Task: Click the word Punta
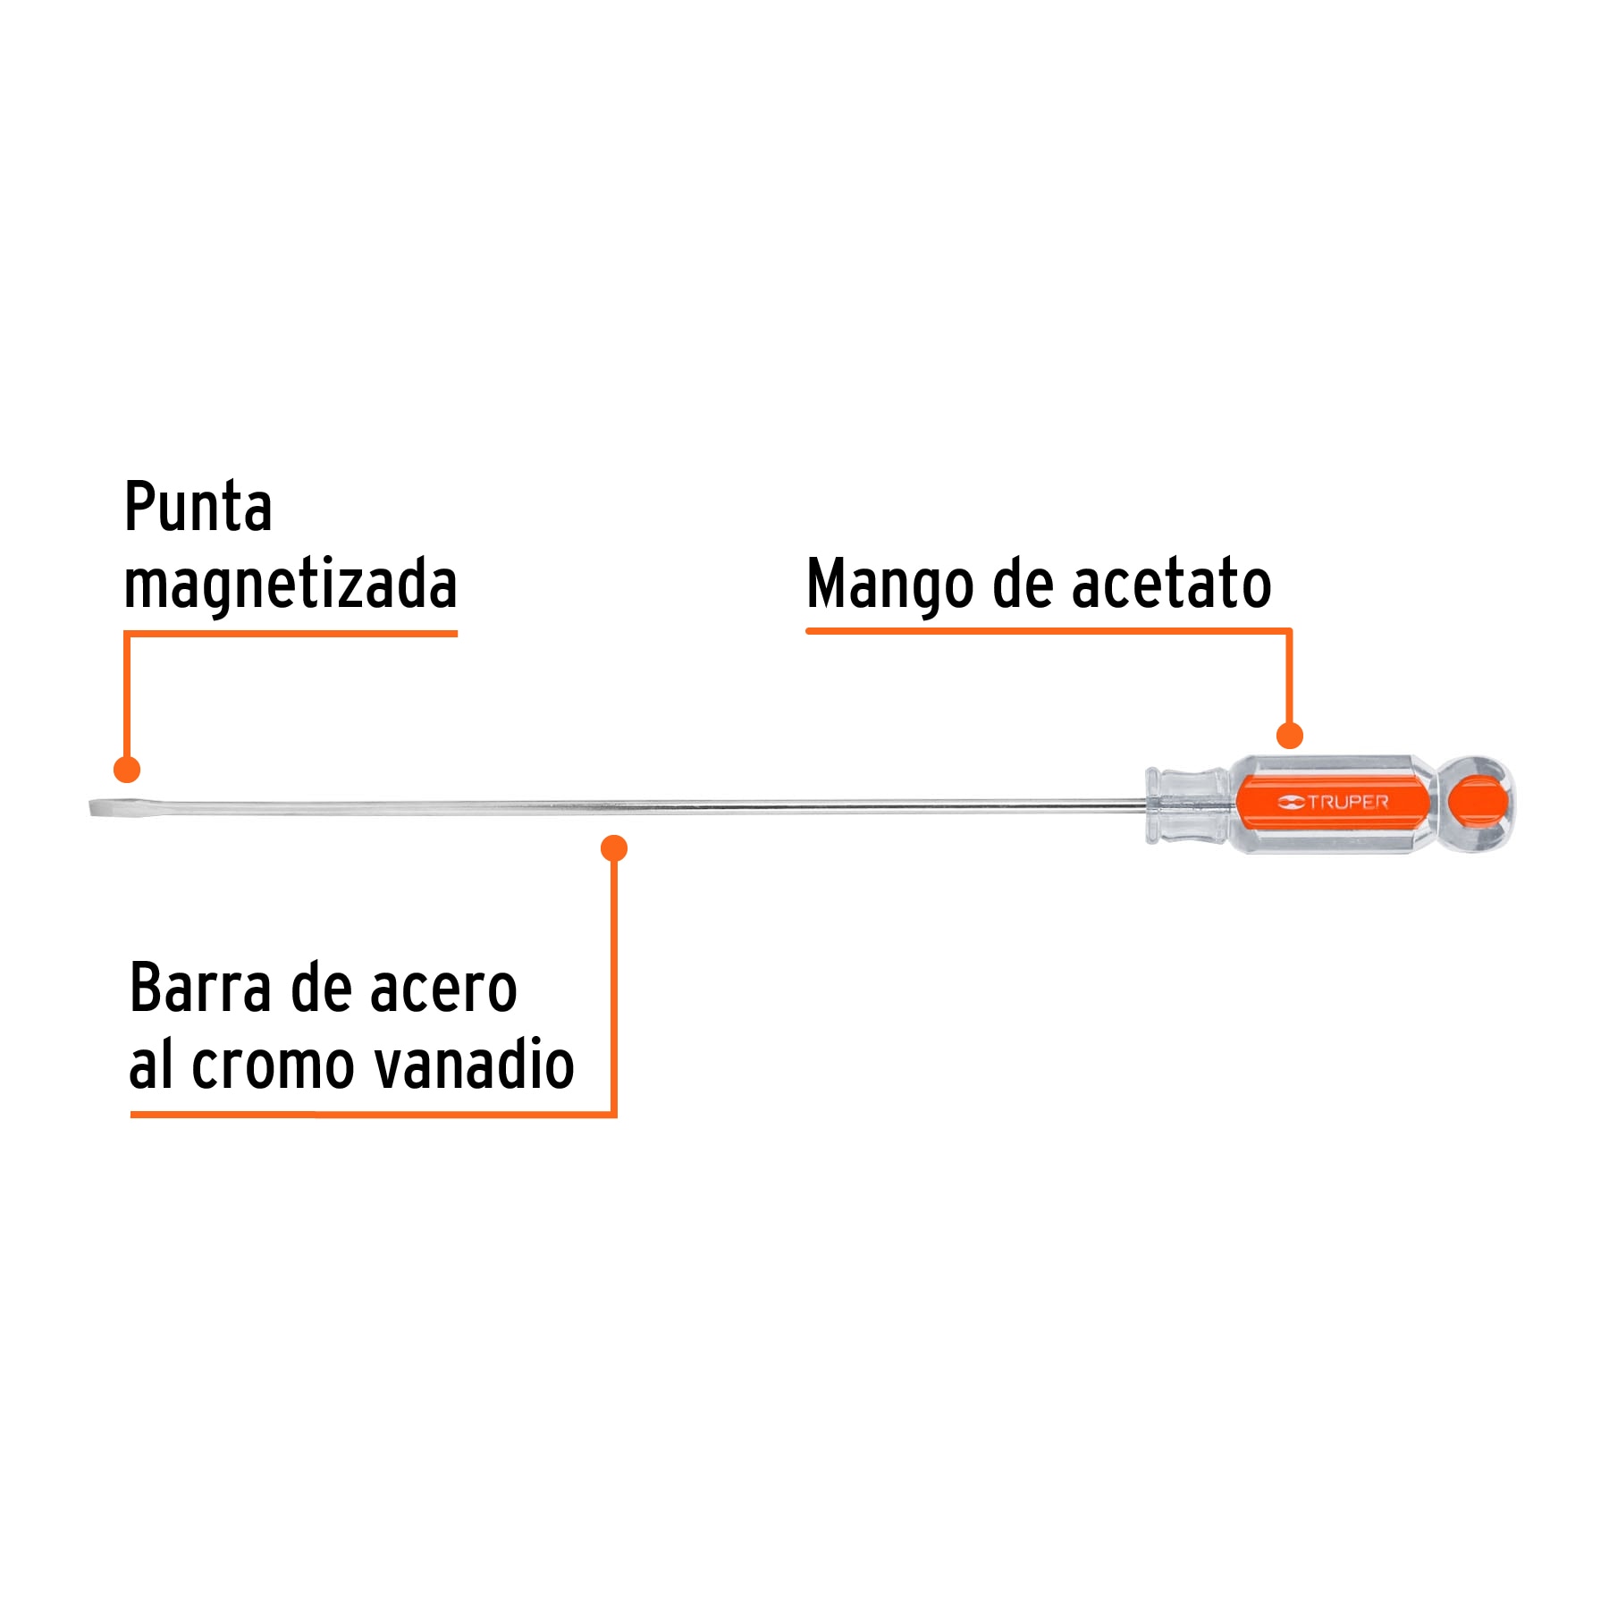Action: tap(198, 507)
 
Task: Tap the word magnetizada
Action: tap(291, 584)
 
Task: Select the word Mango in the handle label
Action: tap(889, 584)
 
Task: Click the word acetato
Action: tap(1171, 584)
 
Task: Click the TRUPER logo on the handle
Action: tap(1333, 802)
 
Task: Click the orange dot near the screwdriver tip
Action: tap(127, 769)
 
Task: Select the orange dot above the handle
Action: tap(1289, 736)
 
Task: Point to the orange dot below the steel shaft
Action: tap(614, 847)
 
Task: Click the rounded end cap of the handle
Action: tap(1478, 803)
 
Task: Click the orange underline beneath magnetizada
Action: tap(291, 634)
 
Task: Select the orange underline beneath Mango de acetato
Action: tap(1046, 631)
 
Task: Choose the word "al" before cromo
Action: tap(151, 1065)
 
